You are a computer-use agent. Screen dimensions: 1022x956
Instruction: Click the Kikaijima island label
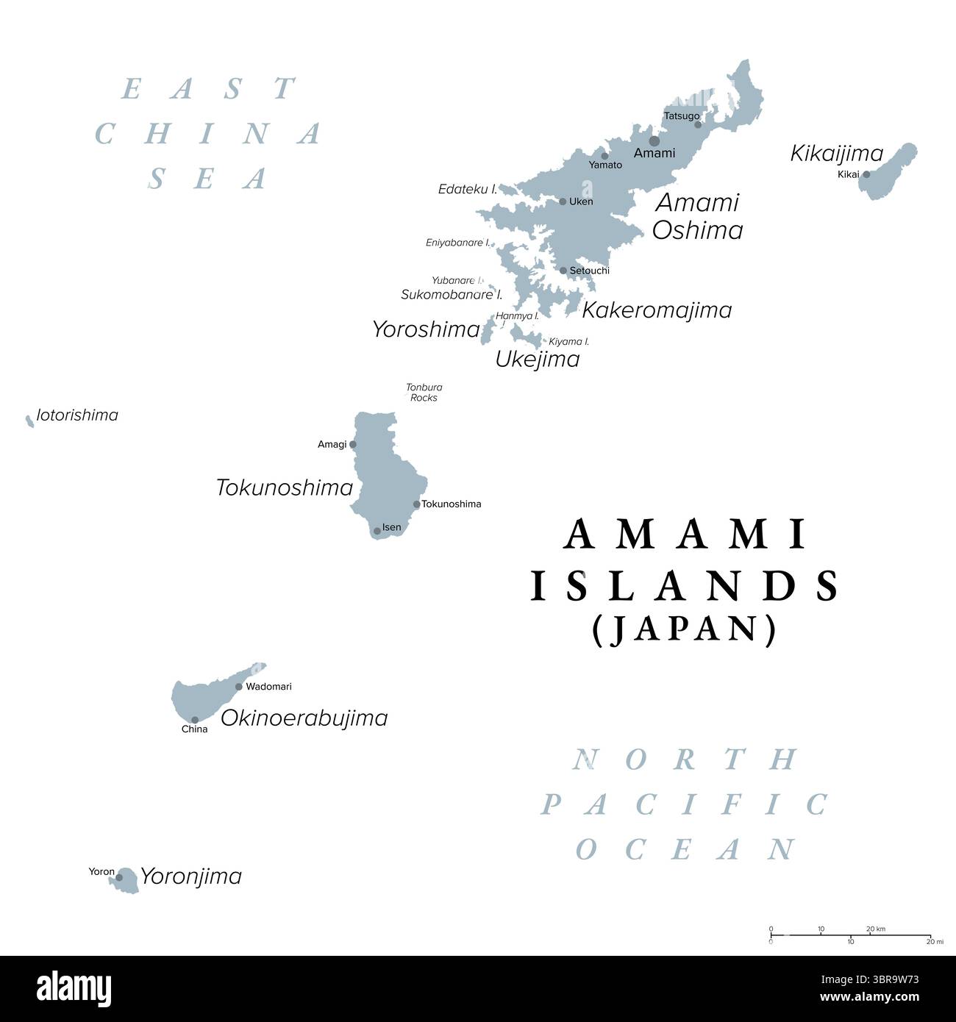pyautogui.click(x=836, y=153)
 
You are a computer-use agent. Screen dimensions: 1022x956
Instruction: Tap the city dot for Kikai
pyautogui.click(x=866, y=174)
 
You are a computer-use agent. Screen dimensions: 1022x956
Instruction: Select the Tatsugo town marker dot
pyautogui.click(x=698, y=124)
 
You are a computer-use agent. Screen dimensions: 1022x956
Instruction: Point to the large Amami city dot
pyautogui.click(x=654, y=140)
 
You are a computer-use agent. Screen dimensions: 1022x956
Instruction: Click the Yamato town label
pyautogui.click(x=605, y=165)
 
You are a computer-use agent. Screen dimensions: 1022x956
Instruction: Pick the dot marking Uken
pyautogui.click(x=563, y=201)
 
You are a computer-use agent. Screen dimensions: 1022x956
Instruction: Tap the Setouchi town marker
pyautogui.click(x=563, y=271)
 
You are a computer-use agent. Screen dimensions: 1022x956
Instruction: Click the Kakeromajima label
pyautogui.click(x=657, y=310)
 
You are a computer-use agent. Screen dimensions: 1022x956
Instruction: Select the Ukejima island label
pyautogui.click(x=538, y=360)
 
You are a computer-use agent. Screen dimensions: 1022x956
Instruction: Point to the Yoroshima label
pyautogui.click(x=426, y=329)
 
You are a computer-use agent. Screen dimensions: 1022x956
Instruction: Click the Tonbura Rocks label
pyautogui.click(x=424, y=393)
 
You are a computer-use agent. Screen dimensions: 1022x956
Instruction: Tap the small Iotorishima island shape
pyautogui.click(x=29, y=421)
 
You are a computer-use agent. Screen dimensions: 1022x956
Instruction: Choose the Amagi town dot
pyautogui.click(x=353, y=444)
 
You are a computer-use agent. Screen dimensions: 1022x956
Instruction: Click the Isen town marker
pyautogui.click(x=377, y=530)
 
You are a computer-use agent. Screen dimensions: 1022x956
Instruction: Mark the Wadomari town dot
pyautogui.click(x=239, y=687)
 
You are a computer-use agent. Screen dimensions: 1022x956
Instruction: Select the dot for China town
pyautogui.click(x=195, y=720)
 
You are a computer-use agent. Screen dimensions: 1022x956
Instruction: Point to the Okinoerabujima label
pyautogui.click(x=304, y=718)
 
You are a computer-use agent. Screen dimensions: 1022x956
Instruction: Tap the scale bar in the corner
pyautogui.click(x=852, y=935)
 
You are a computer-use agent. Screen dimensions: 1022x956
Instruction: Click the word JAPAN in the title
pyautogui.click(x=684, y=630)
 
